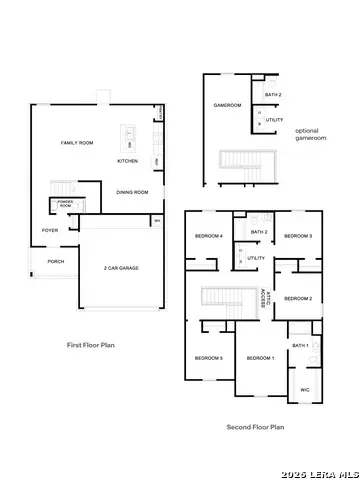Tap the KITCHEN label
click(x=127, y=160)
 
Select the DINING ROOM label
click(x=132, y=192)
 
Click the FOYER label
click(x=49, y=230)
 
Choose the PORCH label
click(x=56, y=262)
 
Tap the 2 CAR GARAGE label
click(x=121, y=269)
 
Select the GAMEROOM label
click(x=223, y=105)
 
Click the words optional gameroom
click(x=306, y=135)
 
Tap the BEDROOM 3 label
click(x=298, y=236)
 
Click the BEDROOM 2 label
click(x=298, y=298)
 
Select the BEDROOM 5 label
click(x=208, y=358)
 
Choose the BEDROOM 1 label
click(x=260, y=358)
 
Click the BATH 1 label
click(x=301, y=345)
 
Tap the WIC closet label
click(x=306, y=390)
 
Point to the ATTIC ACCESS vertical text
click(x=263, y=297)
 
